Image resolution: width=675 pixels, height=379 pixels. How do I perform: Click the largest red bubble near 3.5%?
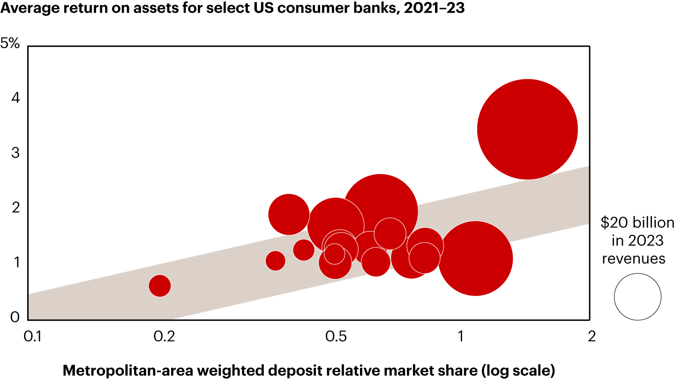(527, 129)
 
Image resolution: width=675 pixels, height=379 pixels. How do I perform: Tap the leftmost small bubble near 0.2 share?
(159, 286)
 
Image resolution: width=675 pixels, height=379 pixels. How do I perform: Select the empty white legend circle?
(637, 297)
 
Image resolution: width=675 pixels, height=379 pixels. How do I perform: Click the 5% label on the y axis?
(10, 44)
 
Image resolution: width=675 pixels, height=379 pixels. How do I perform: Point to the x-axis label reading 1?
(460, 336)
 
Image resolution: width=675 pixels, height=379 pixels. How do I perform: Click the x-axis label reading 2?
(591, 336)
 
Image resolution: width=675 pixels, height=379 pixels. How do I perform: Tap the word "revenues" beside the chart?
(633, 258)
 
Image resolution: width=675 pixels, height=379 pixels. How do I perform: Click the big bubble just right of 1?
(475, 258)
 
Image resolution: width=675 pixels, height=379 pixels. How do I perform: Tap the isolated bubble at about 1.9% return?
(289, 214)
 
